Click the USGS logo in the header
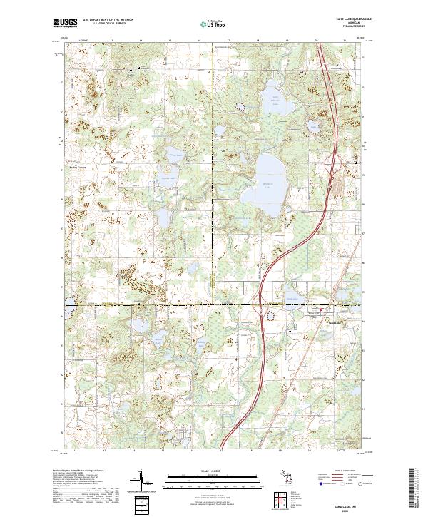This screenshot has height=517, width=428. point(65,23)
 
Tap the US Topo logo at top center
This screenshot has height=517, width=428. point(214,24)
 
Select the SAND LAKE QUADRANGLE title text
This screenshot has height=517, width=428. point(349,19)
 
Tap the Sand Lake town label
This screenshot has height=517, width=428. point(334,322)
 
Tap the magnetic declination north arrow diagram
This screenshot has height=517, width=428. point(146,483)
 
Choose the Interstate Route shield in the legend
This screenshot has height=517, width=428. point(320,483)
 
